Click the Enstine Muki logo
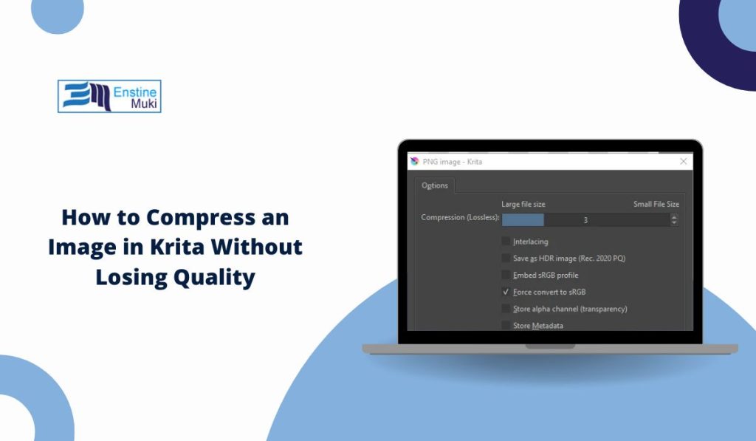pyautogui.click(x=109, y=96)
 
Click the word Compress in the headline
pyautogui.click(x=200, y=217)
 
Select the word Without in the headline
pyautogui.click(x=256, y=247)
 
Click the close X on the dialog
pyautogui.click(x=683, y=161)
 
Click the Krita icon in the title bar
pyautogui.click(x=415, y=161)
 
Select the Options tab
pyautogui.click(x=434, y=185)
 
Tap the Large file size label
pyautogui.click(x=523, y=204)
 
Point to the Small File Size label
pyautogui.click(x=656, y=204)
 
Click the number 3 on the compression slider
pyautogui.click(x=585, y=220)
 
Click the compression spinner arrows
pyautogui.click(x=674, y=220)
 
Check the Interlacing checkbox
pyautogui.click(x=506, y=241)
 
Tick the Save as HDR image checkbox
pyautogui.click(x=506, y=258)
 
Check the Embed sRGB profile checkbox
pyautogui.click(x=506, y=275)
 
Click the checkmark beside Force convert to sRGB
pyautogui.click(x=506, y=292)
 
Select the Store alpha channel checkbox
pyautogui.click(x=506, y=308)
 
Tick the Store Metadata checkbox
pyautogui.click(x=506, y=325)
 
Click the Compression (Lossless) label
pyautogui.click(x=460, y=217)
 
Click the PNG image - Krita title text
pyautogui.click(x=453, y=162)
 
